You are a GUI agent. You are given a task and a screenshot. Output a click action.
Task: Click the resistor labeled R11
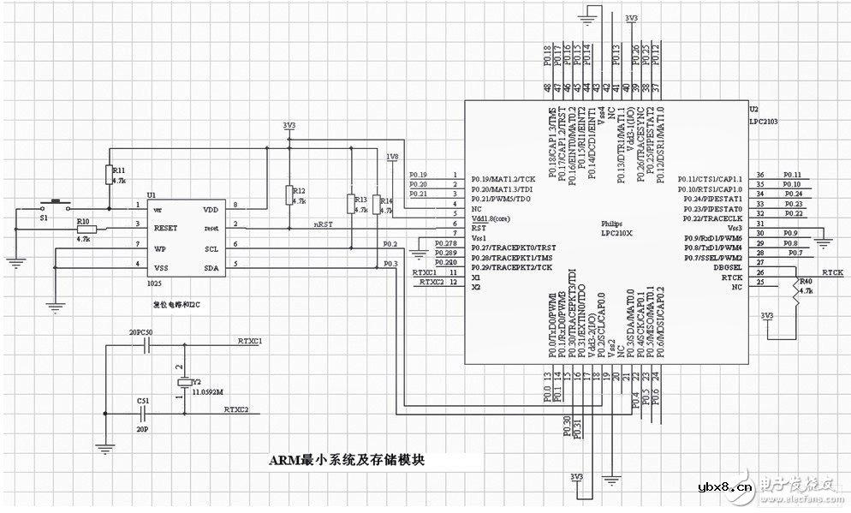tap(110, 175)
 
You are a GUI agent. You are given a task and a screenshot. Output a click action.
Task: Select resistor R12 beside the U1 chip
tap(289, 195)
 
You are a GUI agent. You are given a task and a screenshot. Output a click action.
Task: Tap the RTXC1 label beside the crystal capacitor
tap(250, 340)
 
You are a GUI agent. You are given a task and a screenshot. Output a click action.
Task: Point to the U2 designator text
tap(753, 110)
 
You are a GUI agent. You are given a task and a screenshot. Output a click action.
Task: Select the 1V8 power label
tap(392, 157)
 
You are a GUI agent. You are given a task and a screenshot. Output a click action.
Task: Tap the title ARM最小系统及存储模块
tap(347, 460)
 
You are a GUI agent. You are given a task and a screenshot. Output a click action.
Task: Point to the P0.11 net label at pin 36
tap(792, 175)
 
